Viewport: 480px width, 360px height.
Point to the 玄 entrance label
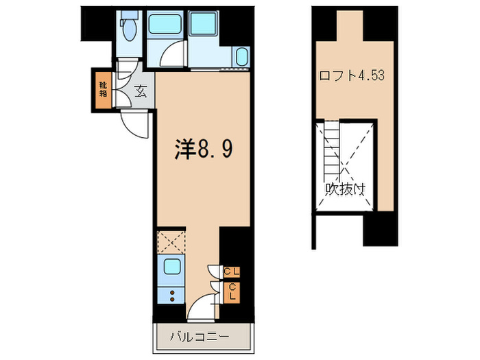139,91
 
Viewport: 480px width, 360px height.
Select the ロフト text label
334,75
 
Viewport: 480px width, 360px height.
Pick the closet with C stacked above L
232,293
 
